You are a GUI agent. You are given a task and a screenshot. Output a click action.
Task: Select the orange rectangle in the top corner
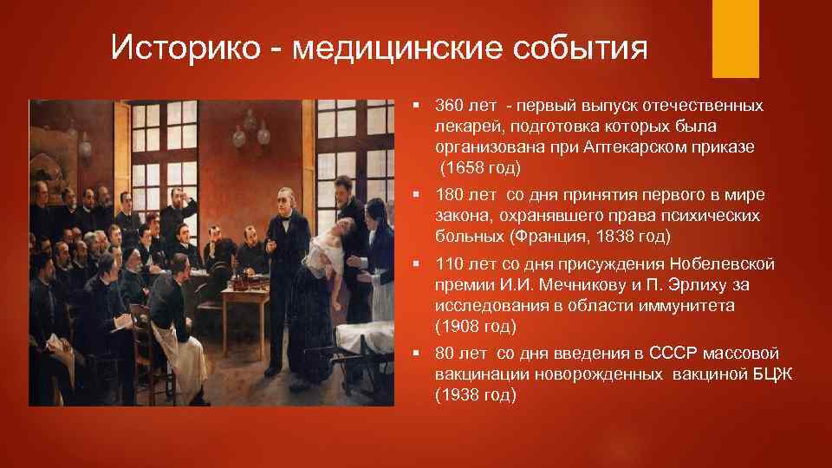click(736, 39)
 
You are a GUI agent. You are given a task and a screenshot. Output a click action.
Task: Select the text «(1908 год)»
click(476, 326)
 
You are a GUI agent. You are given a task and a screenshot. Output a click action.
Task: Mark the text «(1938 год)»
click(476, 394)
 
